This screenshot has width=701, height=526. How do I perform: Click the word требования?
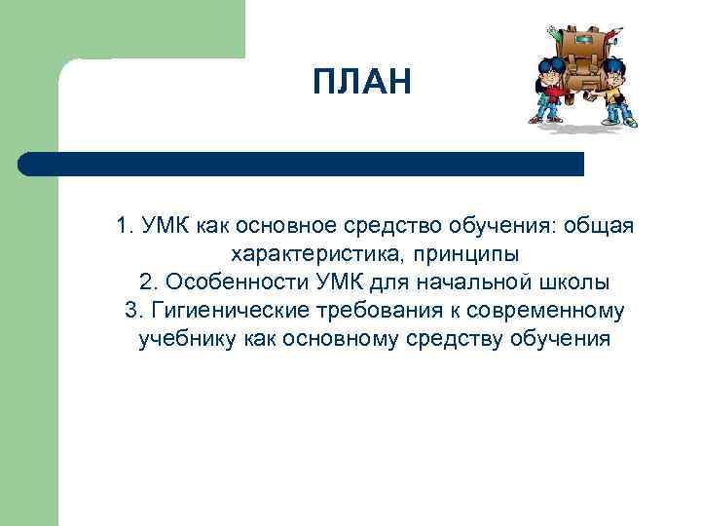click(x=373, y=311)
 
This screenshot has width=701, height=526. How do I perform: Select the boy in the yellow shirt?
click(x=615, y=93)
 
